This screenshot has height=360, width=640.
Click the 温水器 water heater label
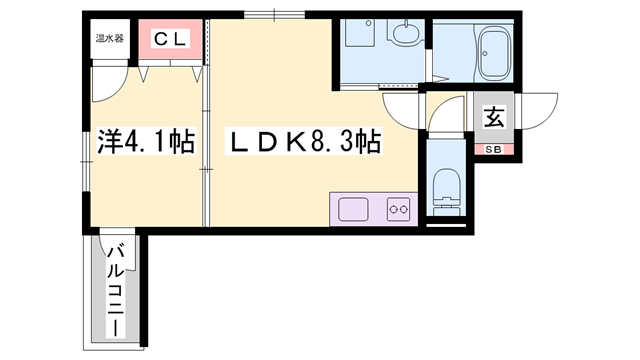pyautogui.click(x=109, y=39)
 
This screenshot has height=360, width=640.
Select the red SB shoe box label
pyautogui.click(x=494, y=150)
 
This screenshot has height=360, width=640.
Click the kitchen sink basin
pyautogui.click(x=354, y=210)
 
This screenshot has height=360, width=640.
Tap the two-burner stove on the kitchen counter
pyautogui.click(x=398, y=210)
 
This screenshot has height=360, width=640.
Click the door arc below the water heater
pyautogui.click(x=107, y=82)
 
